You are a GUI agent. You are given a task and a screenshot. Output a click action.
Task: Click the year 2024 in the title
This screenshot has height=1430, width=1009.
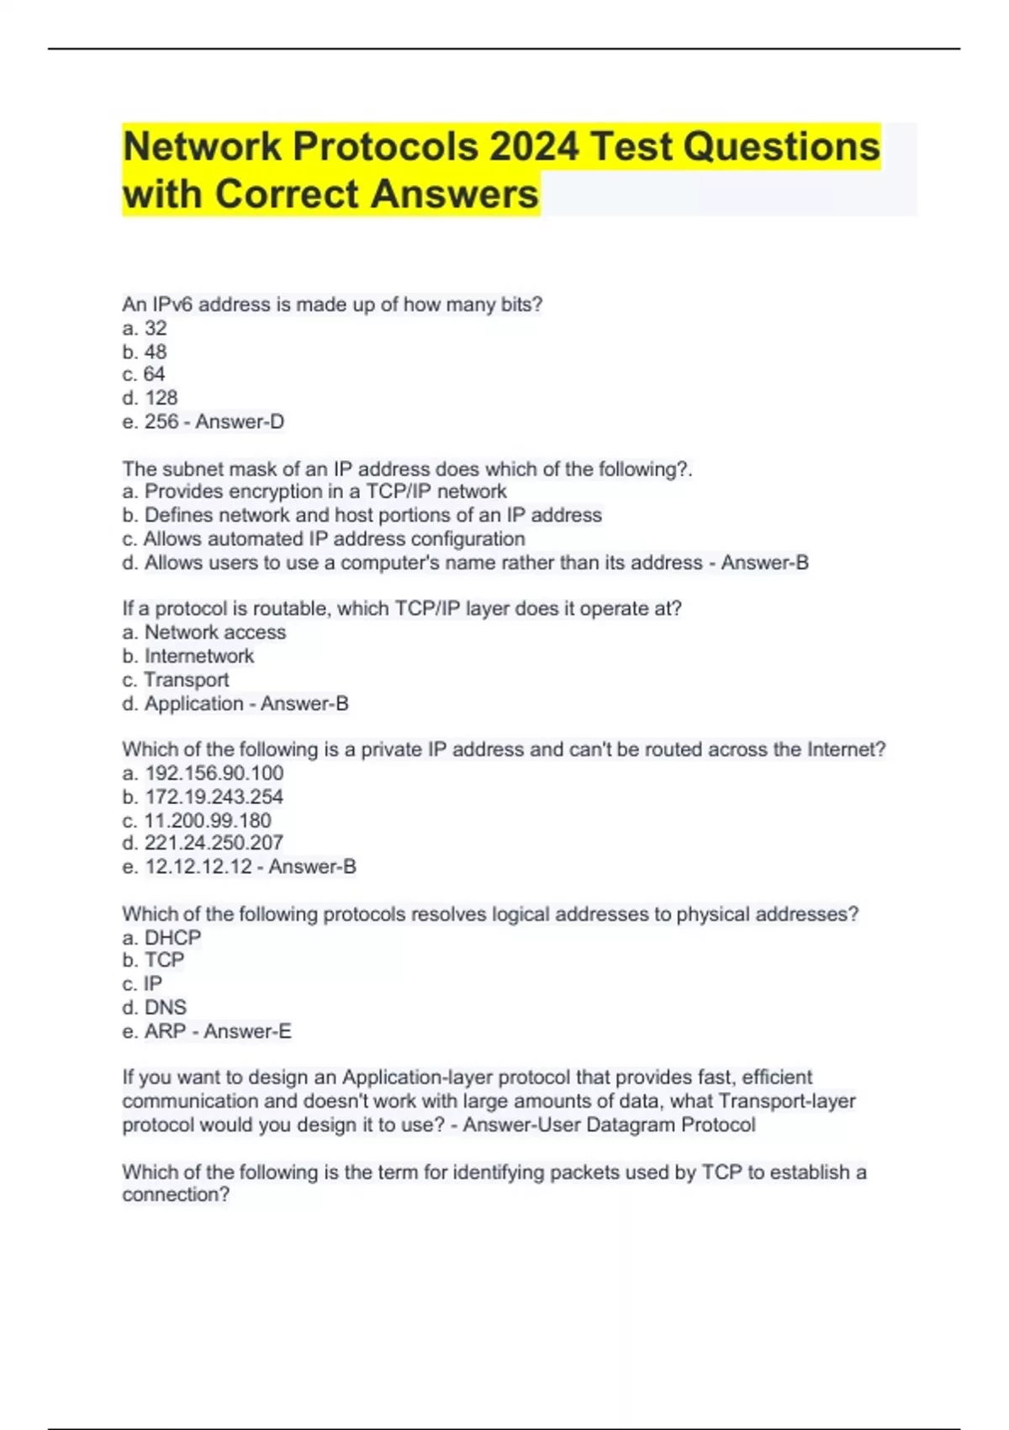(x=534, y=147)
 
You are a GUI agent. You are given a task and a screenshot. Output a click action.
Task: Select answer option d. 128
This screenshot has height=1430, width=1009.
(x=151, y=398)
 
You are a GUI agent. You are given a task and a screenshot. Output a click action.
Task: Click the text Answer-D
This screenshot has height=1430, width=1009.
(x=240, y=421)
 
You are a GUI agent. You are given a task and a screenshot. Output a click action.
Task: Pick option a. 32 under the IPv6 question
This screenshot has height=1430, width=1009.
(x=145, y=328)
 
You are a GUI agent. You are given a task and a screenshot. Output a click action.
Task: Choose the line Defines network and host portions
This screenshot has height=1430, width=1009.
(x=362, y=515)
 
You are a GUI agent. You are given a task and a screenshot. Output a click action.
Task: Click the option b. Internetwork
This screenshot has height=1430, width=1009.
(x=188, y=656)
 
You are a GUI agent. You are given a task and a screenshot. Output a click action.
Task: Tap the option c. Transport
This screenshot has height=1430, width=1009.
(x=176, y=680)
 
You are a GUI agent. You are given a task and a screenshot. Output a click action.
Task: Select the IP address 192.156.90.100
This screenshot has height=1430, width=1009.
(x=214, y=773)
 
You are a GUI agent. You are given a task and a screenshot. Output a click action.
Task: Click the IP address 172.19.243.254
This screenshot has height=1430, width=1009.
(x=214, y=797)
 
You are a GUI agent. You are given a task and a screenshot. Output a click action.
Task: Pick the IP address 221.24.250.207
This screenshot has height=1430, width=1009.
(x=214, y=843)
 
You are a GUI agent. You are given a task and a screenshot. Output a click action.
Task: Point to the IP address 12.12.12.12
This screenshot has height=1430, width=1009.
(x=198, y=866)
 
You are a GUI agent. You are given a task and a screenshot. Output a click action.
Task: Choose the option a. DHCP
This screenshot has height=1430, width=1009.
(x=162, y=937)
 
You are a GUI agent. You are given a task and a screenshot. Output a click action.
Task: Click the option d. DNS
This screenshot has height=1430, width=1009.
(x=155, y=1007)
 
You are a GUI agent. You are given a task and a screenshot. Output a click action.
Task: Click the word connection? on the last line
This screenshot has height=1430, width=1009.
(x=176, y=1194)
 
